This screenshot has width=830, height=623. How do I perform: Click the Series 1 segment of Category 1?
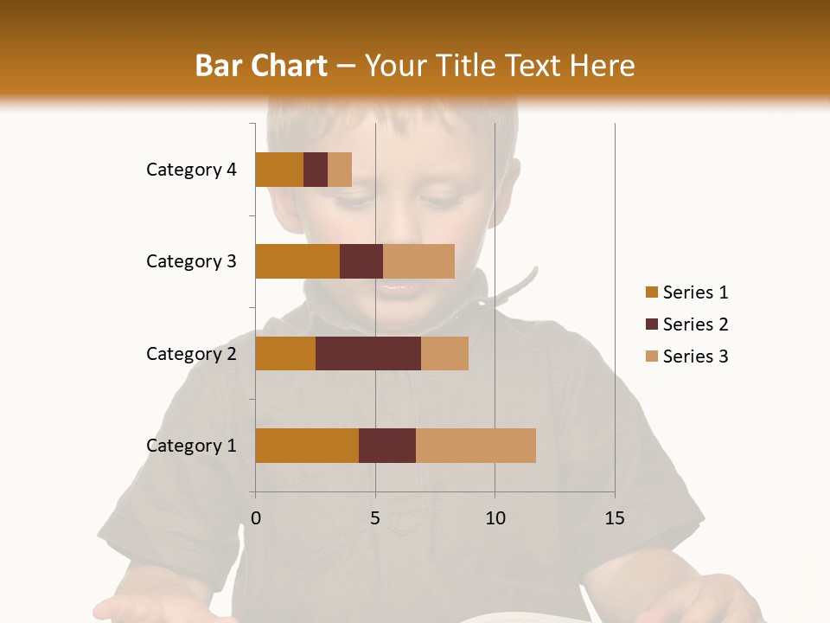pyautogui.click(x=307, y=446)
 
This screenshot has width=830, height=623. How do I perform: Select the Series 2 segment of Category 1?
pyautogui.click(x=387, y=446)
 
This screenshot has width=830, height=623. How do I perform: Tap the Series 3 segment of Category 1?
pyautogui.click(x=476, y=446)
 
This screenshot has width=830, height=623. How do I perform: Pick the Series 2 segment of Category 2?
pyautogui.click(x=368, y=353)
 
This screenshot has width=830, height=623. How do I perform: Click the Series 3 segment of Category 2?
pyautogui.click(x=444, y=353)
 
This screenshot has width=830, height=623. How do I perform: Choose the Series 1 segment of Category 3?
pyautogui.click(x=297, y=261)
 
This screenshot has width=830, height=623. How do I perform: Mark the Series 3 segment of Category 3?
pyautogui.click(x=418, y=261)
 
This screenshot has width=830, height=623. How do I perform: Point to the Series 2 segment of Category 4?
pyautogui.click(x=316, y=170)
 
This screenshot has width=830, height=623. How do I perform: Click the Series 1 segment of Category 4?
pyautogui.click(x=279, y=170)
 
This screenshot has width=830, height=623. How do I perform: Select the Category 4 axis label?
pyautogui.click(x=191, y=170)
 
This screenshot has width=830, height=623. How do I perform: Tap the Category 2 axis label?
pyautogui.click(x=191, y=353)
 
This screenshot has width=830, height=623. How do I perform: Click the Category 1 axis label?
pyautogui.click(x=191, y=446)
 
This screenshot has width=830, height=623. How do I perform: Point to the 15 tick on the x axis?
pyautogui.click(x=615, y=518)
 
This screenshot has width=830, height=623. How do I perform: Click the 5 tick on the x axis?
pyautogui.click(x=375, y=518)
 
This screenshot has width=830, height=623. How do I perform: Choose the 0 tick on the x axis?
pyautogui.click(x=256, y=518)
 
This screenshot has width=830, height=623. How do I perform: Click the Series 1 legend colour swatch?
pyautogui.click(x=651, y=292)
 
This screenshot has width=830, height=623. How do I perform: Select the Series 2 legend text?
pyautogui.click(x=695, y=324)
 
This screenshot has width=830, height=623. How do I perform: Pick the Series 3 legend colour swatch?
pyautogui.click(x=651, y=356)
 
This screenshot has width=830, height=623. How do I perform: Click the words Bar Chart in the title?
pyautogui.click(x=261, y=66)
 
